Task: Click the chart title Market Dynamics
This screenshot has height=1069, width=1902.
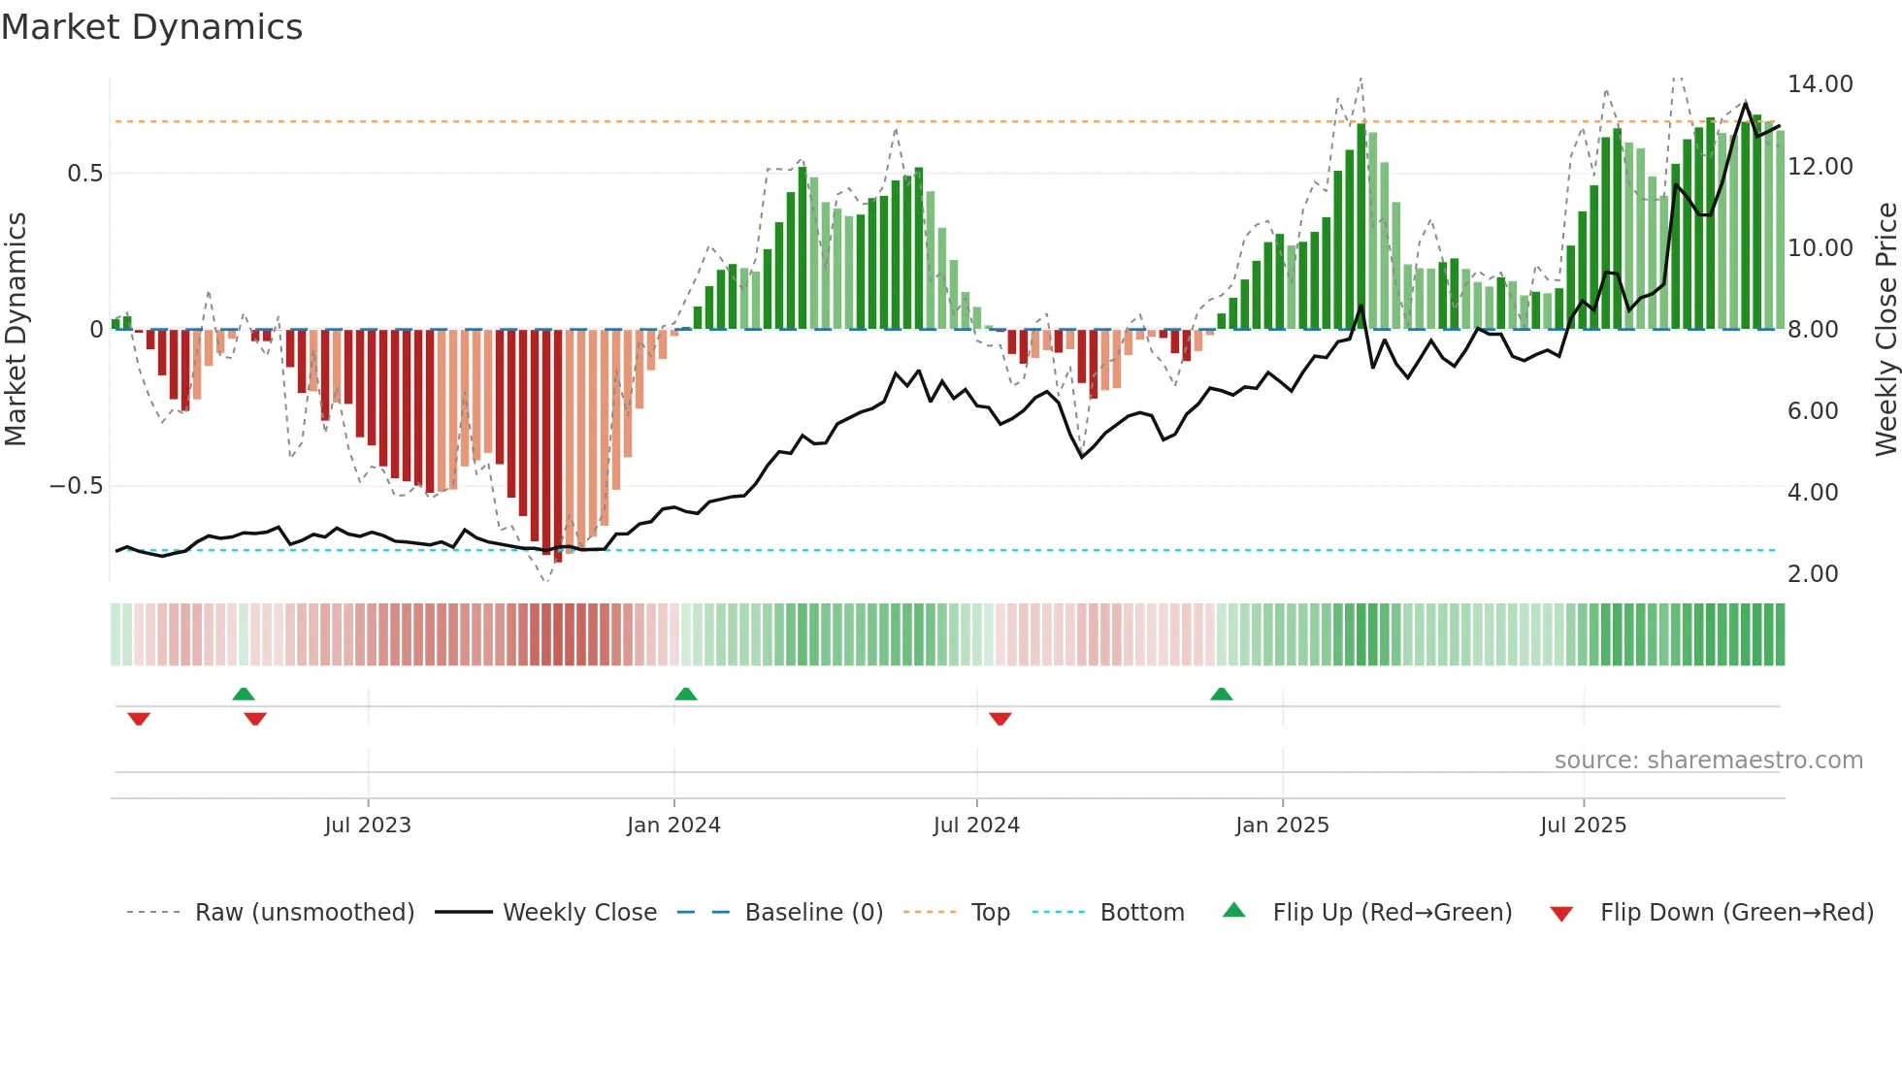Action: [152, 27]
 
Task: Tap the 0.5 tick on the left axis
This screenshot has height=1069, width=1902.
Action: [84, 174]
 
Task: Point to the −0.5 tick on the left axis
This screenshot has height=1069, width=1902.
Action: [77, 486]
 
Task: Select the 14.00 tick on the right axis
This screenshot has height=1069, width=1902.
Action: [1820, 84]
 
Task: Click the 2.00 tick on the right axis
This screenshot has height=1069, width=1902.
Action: [1812, 574]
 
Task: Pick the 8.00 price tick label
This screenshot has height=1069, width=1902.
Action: [1812, 330]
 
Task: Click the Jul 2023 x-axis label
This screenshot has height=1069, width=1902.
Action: [368, 826]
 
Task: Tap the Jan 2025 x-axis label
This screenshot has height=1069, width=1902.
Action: [1282, 826]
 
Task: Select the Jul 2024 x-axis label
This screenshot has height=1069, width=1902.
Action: [976, 826]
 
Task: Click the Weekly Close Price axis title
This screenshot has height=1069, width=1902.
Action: [1886, 330]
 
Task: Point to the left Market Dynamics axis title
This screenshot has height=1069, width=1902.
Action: [16, 330]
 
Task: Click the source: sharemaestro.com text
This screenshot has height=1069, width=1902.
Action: [1708, 761]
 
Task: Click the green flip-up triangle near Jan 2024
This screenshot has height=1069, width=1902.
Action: [686, 694]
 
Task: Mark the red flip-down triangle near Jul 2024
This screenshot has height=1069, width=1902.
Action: [1000, 719]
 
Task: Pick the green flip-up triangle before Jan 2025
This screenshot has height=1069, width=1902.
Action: [1222, 694]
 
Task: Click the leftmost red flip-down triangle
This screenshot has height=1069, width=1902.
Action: [139, 719]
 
